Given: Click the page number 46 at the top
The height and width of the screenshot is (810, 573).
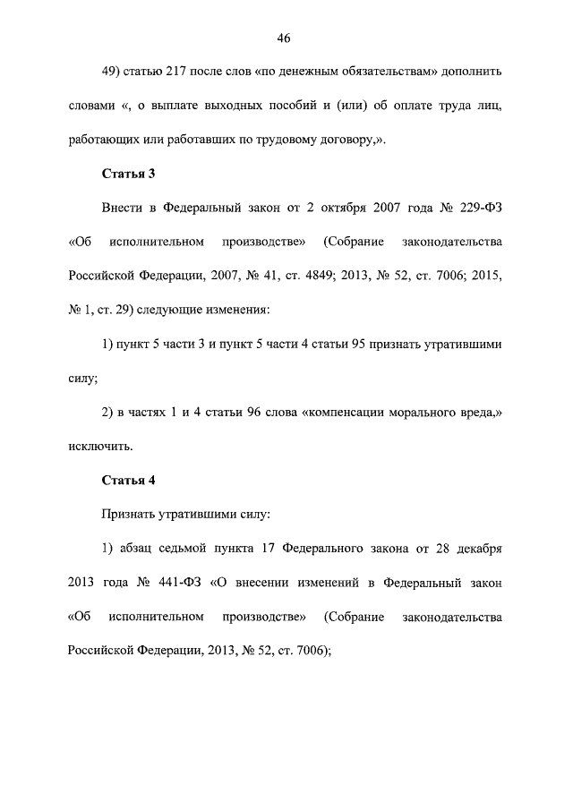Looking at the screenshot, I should coord(286,38).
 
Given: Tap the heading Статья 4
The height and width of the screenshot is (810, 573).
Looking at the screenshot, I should coord(130,480).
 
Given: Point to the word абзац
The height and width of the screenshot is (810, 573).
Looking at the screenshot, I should coord(129,548).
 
